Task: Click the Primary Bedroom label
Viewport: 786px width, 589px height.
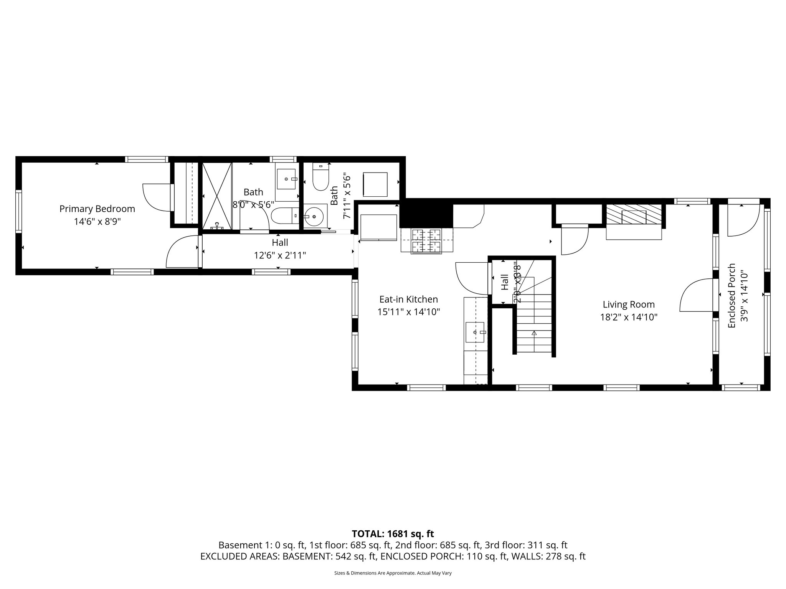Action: pyautogui.click(x=97, y=209)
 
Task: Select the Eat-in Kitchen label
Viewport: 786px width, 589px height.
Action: pyautogui.click(x=408, y=299)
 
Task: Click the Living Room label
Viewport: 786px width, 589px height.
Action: pyautogui.click(x=629, y=304)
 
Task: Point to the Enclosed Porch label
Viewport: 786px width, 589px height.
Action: pyautogui.click(x=732, y=296)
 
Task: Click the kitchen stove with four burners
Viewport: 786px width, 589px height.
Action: pyautogui.click(x=426, y=241)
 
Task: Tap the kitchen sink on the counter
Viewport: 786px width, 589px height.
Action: pyautogui.click(x=475, y=332)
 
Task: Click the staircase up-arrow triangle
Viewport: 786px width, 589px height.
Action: pyautogui.click(x=534, y=333)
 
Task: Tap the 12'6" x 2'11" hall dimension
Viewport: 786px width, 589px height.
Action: pyautogui.click(x=280, y=255)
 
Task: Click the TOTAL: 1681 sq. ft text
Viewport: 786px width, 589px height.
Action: pyautogui.click(x=393, y=534)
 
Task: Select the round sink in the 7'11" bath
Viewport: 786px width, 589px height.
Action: pyautogui.click(x=315, y=217)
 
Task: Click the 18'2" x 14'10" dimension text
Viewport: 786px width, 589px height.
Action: pyautogui.click(x=629, y=317)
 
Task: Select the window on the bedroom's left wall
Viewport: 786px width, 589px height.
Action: pyautogui.click(x=18, y=211)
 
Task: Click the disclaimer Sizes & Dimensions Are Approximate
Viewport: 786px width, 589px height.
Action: pyautogui.click(x=393, y=573)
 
